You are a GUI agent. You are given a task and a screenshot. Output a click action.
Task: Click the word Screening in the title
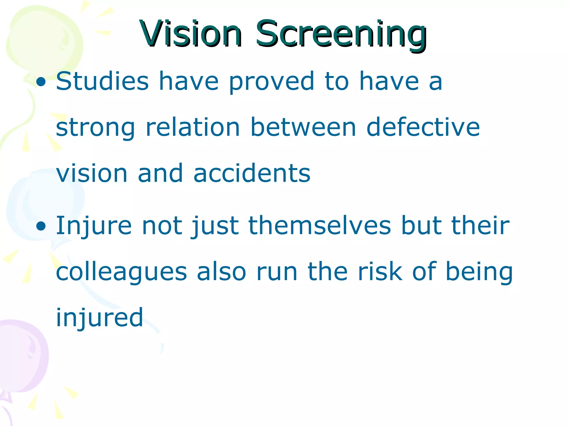341,34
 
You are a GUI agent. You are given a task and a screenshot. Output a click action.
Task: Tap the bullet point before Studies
41,82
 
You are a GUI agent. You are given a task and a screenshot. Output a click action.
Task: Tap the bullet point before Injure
41,226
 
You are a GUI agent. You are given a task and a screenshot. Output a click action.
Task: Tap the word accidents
252,173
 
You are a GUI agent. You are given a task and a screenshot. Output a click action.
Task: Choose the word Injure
94,226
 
